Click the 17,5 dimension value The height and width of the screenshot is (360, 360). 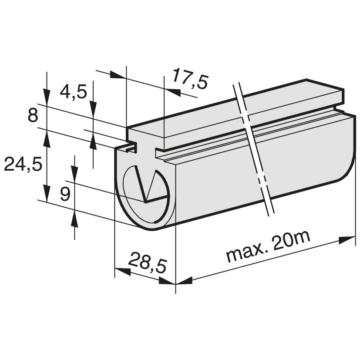point(191,78)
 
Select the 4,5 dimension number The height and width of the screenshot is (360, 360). point(74,92)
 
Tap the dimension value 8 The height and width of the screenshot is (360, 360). point(33,115)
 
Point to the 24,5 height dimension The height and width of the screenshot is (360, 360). point(23,164)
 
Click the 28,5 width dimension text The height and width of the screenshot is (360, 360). point(147,262)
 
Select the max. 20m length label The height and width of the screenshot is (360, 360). point(268,246)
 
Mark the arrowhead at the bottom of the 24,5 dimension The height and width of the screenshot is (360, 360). point(47,194)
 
